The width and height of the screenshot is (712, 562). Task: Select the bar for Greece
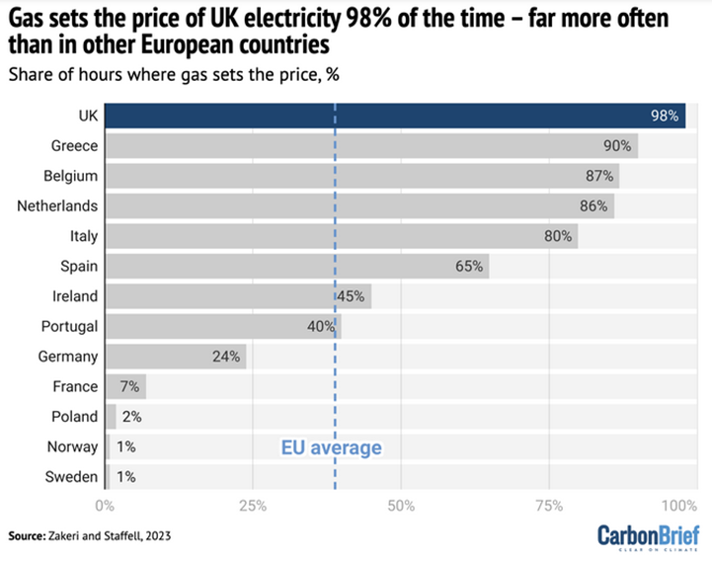point(370,146)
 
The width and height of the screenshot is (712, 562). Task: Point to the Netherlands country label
point(57,206)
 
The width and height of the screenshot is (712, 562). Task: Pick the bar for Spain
point(296,267)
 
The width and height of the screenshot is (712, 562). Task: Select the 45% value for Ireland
point(352,296)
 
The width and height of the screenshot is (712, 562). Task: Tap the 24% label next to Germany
point(226,357)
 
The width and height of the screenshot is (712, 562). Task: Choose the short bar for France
point(125,387)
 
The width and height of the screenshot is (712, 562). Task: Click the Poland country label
point(74,417)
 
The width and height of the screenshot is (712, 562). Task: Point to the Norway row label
point(73,447)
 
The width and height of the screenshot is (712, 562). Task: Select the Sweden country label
point(72,477)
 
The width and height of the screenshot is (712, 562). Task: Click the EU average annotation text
point(331,448)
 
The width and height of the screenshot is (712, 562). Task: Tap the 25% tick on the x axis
point(253,506)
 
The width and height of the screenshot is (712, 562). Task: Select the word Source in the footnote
point(27,535)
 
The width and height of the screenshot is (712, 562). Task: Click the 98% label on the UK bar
point(665,116)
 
